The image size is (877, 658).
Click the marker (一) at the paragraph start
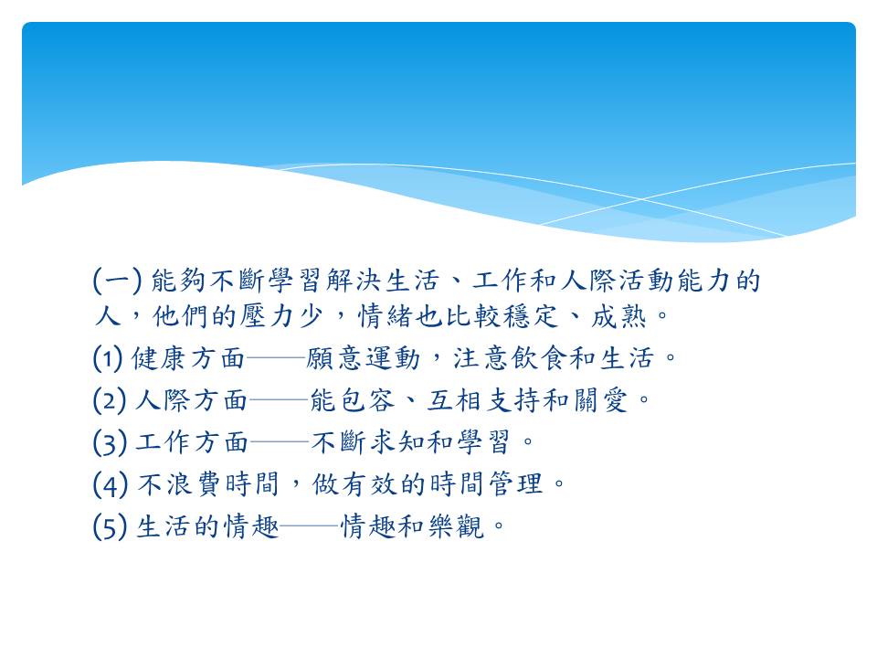point(117,281)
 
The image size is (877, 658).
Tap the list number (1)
point(108,358)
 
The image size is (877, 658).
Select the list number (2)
point(109,400)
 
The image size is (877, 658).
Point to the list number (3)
point(110,442)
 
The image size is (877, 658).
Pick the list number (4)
point(111,484)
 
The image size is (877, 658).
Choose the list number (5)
point(110,526)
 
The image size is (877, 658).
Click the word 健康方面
point(188,358)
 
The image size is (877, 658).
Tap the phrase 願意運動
point(364,358)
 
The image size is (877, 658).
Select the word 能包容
point(353,400)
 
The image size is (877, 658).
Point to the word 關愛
point(600,400)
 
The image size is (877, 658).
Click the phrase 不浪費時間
point(208,484)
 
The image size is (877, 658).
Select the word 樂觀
point(457,526)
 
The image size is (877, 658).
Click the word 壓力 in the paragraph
point(268,317)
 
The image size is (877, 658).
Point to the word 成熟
point(618,317)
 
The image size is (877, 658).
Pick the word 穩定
point(532,317)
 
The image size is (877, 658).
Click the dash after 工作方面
point(280,442)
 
